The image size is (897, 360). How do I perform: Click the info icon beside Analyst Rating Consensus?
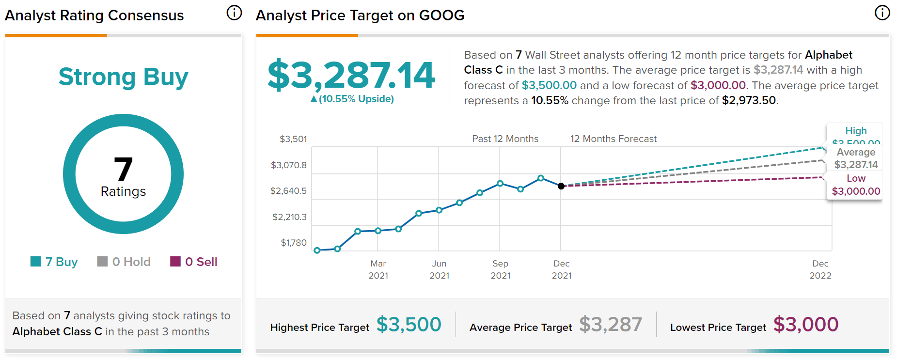(x=234, y=13)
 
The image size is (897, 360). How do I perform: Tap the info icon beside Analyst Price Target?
(x=882, y=13)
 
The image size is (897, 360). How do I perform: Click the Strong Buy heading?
(x=123, y=77)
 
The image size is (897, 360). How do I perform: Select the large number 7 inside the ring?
(x=123, y=169)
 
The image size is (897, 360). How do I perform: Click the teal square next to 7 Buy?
(x=35, y=262)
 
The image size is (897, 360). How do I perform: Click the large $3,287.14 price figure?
(x=351, y=75)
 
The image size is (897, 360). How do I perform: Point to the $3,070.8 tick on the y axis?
(x=288, y=165)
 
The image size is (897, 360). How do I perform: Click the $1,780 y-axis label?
(x=293, y=243)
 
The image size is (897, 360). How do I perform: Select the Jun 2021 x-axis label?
(x=439, y=269)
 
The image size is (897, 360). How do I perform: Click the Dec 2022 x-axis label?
(x=820, y=269)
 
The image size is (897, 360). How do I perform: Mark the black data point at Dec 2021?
(x=561, y=186)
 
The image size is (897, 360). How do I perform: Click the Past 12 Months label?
(x=505, y=139)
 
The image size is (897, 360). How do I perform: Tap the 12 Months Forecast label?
(x=613, y=139)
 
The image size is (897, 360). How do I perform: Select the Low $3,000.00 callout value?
(x=856, y=191)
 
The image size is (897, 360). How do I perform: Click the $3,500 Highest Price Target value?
(x=409, y=324)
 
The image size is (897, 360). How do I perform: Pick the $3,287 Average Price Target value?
(x=610, y=324)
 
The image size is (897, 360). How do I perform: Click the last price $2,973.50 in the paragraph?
(x=749, y=100)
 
